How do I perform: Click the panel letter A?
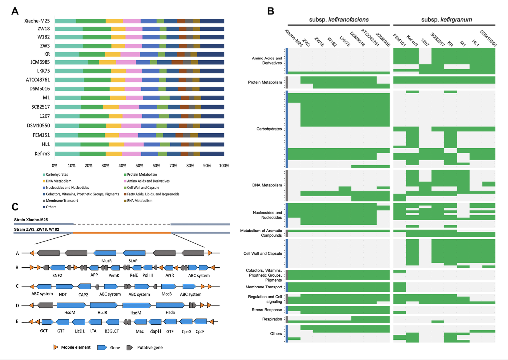coord(15,11)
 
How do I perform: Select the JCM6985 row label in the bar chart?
coord(40,62)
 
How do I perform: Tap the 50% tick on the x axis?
coord(139,166)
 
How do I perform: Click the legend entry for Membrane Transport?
coord(62,201)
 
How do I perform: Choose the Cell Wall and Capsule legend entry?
coord(143,187)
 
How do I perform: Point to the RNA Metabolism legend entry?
coord(139,201)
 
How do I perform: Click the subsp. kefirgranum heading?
coord(446,20)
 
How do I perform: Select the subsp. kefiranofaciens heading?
coord(339,20)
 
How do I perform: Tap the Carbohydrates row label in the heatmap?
coord(269,129)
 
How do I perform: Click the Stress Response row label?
coord(267,310)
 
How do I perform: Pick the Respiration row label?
coord(272,319)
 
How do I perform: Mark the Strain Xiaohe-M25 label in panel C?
coord(31,220)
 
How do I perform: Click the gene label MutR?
coord(107,261)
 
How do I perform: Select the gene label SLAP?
coord(133,261)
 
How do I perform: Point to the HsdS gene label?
coord(170,312)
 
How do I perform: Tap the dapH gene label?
coord(155,331)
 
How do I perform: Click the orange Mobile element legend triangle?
coord(56,347)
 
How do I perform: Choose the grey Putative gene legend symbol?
coord(130,348)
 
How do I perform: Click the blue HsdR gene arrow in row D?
coord(103,305)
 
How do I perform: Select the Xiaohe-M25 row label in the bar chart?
coord(37,21)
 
